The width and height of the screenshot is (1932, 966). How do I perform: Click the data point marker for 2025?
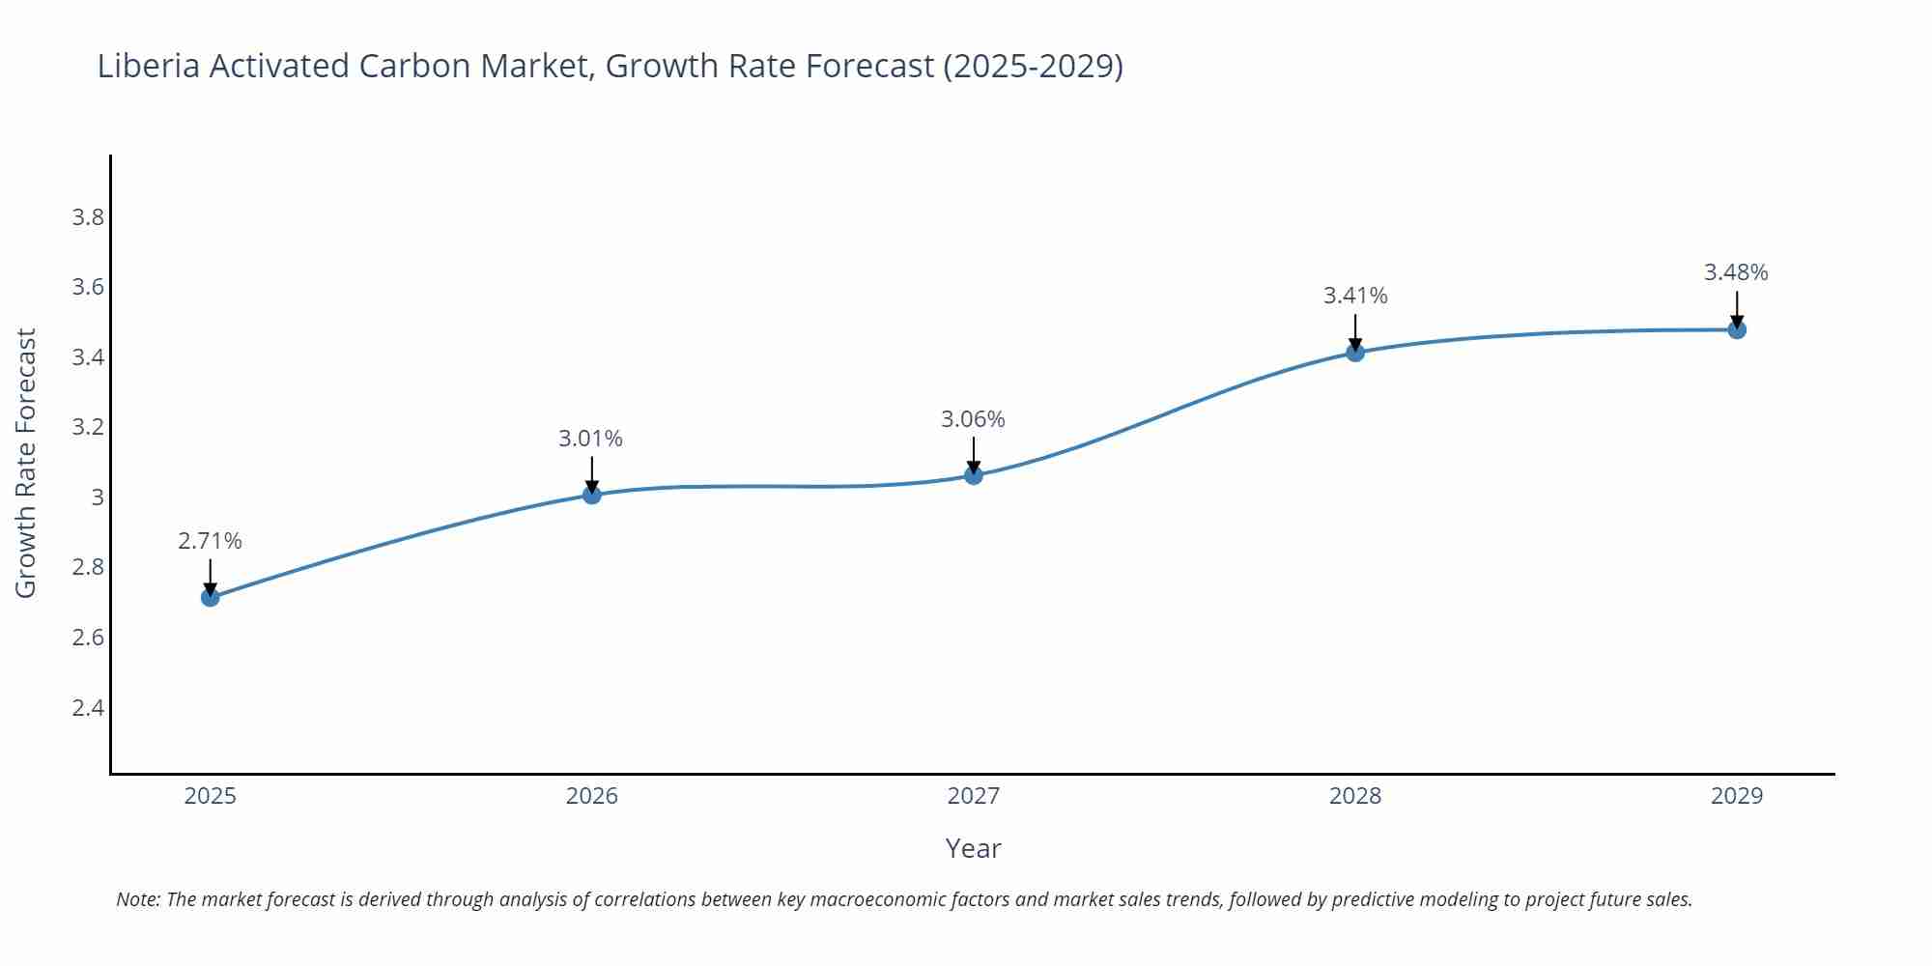pyautogui.click(x=210, y=597)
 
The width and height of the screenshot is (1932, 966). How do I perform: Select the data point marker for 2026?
pyautogui.click(x=591, y=495)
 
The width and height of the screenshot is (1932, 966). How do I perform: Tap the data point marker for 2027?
pyautogui.click(x=973, y=475)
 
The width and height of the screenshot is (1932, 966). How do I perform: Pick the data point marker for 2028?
pyautogui.click(x=1354, y=353)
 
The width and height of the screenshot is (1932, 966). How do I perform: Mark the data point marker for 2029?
pyautogui.click(x=1736, y=329)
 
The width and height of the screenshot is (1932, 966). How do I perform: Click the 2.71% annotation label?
pyautogui.click(x=210, y=541)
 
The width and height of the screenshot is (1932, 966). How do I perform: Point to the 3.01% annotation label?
pyautogui.click(x=590, y=439)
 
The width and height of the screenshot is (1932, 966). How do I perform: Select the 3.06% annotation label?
pyautogui.click(x=973, y=419)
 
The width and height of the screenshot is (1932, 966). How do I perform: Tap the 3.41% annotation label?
pyautogui.click(x=1354, y=296)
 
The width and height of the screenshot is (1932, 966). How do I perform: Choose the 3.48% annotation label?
pyautogui.click(x=1736, y=272)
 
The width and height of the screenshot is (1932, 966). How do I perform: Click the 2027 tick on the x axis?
pyautogui.click(x=973, y=796)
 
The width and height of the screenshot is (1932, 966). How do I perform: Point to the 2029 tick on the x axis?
pyautogui.click(x=1736, y=796)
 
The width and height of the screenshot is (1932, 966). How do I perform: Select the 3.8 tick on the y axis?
pyautogui.click(x=88, y=217)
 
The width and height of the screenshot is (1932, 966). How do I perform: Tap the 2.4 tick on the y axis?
pyautogui.click(x=88, y=708)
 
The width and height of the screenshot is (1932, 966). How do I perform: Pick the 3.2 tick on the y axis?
pyautogui.click(x=88, y=427)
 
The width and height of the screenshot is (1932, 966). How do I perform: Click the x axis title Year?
pyautogui.click(x=973, y=848)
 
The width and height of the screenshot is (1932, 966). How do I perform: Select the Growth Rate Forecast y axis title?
pyautogui.click(x=26, y=464)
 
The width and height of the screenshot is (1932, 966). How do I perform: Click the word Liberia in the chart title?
pyautogui.click(x=149, y=66)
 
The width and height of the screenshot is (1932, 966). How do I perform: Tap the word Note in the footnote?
pyautogui.click(x=137, y=899)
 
